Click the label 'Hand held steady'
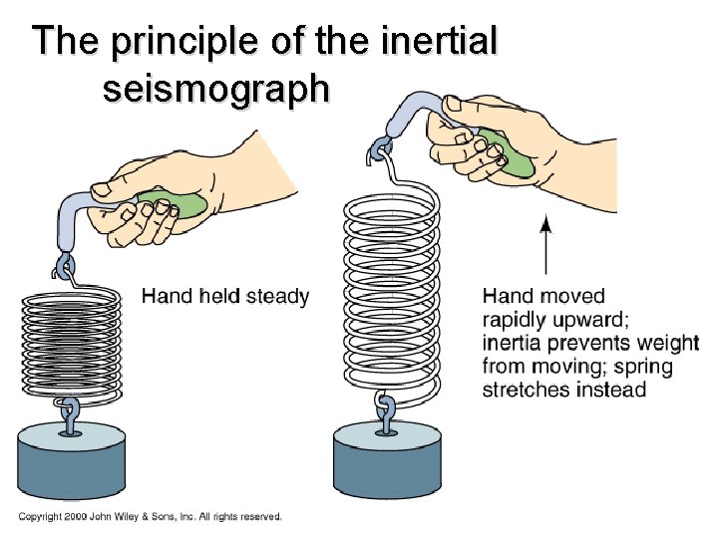(225, 296)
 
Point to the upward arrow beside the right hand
(545, 243)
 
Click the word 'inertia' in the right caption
(514, 344)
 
